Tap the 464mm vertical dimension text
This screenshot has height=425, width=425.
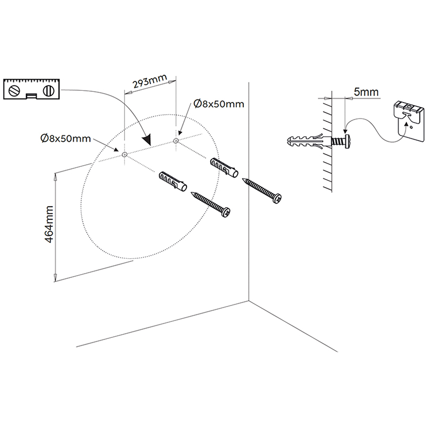tap(49, 224)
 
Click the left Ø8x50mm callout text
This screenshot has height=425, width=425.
tap(65, 139)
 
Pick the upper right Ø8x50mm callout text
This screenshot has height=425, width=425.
tap(219, 104)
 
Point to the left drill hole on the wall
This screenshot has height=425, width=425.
tap(124, 155)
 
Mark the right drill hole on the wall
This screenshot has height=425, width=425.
tap(176, 141)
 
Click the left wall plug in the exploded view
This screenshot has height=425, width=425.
tap(173, 181)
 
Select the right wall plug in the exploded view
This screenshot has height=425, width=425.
tap(224, 167)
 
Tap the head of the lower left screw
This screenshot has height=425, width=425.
tap(226, 212)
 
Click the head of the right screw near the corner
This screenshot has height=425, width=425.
tap(277, 198)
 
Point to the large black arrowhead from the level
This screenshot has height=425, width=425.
tap(147, 140)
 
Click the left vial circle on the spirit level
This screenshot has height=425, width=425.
tap(14, 91)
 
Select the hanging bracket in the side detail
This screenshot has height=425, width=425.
tap(409, 121)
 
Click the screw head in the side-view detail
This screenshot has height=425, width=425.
tap(346, 141)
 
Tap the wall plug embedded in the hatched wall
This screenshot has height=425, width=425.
tap(309, 141)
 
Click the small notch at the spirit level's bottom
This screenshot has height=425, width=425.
tap(31, 96)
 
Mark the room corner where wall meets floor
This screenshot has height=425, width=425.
tap(249, 300)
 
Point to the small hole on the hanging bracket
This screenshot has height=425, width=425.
tap(411, 127)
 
